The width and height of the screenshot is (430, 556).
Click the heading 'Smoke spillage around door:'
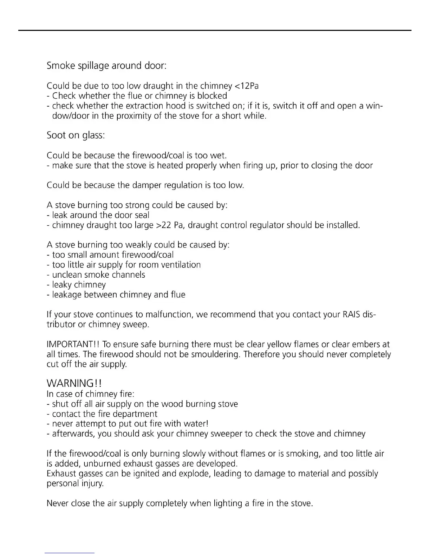click(x=106, y=66)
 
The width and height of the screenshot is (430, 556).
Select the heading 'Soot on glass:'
click(x=76, y=135)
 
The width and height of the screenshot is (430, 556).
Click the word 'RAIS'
click(x=351, y=315)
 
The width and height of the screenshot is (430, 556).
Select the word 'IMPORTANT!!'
click(x=73, y=345)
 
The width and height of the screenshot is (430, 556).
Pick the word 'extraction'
click(x=145, y=106)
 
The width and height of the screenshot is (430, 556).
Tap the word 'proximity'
click(x=135, y=116)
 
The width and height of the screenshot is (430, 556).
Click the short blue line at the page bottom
click(x=70, y=553)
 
